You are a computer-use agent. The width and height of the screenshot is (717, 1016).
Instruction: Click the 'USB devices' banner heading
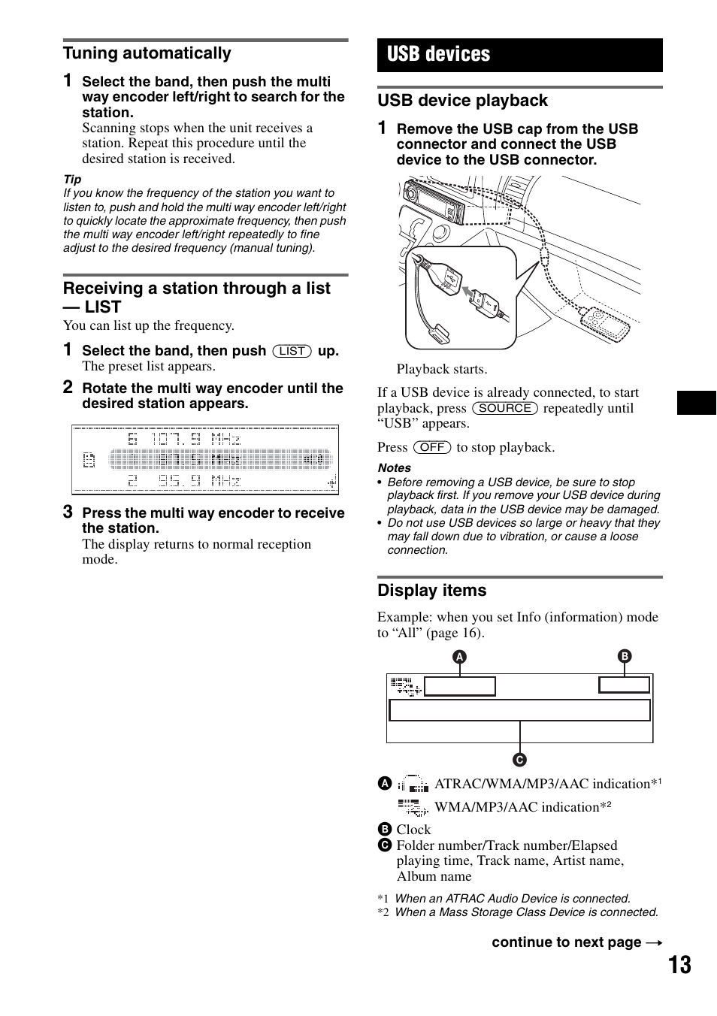(x=439, y=55)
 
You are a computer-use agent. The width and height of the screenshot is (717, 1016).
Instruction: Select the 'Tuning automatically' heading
(x=147, y=53)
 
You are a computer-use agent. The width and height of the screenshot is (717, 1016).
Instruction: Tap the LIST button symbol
(x=292, y=351)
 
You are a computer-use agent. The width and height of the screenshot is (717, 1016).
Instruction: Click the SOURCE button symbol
(x=505, y=408)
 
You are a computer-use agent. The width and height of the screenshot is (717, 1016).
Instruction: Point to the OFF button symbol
(x=432, y=447)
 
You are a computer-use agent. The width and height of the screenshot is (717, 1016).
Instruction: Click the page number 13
(x=679, y=965)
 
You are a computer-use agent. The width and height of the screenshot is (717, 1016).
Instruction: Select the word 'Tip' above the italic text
(x=72, y=180)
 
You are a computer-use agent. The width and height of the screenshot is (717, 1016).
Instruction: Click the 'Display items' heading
(x=432, y=591)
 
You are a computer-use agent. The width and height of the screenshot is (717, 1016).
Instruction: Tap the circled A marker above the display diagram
(x=459, y=657)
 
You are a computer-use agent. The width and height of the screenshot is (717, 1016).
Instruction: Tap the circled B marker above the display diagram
(x=625, y=656)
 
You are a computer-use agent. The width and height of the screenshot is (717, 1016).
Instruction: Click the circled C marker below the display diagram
(x=520, y=760)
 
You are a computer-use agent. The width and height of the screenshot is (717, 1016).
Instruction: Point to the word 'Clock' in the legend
(x=413, y=830)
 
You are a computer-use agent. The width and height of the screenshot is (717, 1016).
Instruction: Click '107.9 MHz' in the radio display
(x=194, y=439)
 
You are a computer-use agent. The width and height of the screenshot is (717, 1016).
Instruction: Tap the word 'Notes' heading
(x=395, y=467)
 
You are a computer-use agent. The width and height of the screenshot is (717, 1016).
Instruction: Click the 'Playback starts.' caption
(x=442, y=369)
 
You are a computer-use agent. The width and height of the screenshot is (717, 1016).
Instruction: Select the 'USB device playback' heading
(x=463, y=101)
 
